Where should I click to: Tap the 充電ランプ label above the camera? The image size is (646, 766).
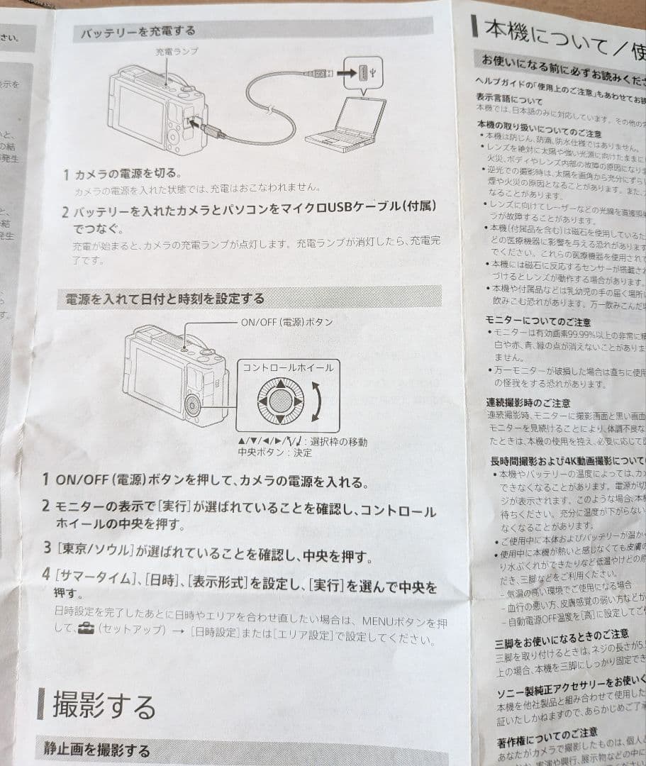click(177, 52)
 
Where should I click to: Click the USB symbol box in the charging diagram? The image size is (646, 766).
click(363, 72)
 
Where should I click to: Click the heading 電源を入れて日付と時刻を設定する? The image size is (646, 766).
click(165, 299)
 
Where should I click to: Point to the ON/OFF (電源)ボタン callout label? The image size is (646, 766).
click(287, 322)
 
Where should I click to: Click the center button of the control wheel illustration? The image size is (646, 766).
click(281, 401)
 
